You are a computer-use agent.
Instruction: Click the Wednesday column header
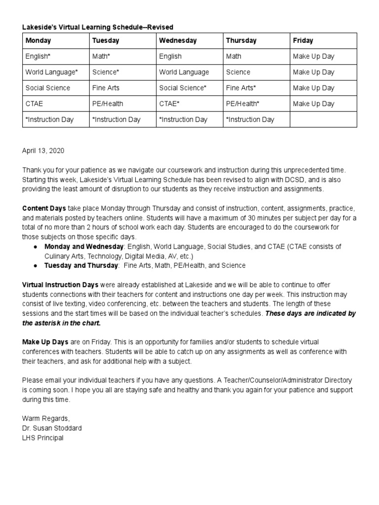[178, 40]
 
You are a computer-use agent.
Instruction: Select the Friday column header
[303, 40]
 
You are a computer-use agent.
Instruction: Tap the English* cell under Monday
[38, 56]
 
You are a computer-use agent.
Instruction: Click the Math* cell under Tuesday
[101, 56]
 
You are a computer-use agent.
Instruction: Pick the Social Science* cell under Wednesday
[183, 88]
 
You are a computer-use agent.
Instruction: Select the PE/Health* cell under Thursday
[243, 104]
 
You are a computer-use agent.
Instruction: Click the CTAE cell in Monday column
[35, 104]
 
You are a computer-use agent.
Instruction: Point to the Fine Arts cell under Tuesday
[106, 88]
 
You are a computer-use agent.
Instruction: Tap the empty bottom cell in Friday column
[323, 119]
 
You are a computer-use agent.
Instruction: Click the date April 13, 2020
[43, 151]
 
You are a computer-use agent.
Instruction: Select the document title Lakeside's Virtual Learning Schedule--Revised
[98, 27]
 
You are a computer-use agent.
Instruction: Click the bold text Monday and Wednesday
[83, 246]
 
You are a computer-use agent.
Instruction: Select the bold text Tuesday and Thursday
[81, 265]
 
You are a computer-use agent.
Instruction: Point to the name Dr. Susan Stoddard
[52, 428]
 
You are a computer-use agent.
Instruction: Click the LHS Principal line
[43, 438]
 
